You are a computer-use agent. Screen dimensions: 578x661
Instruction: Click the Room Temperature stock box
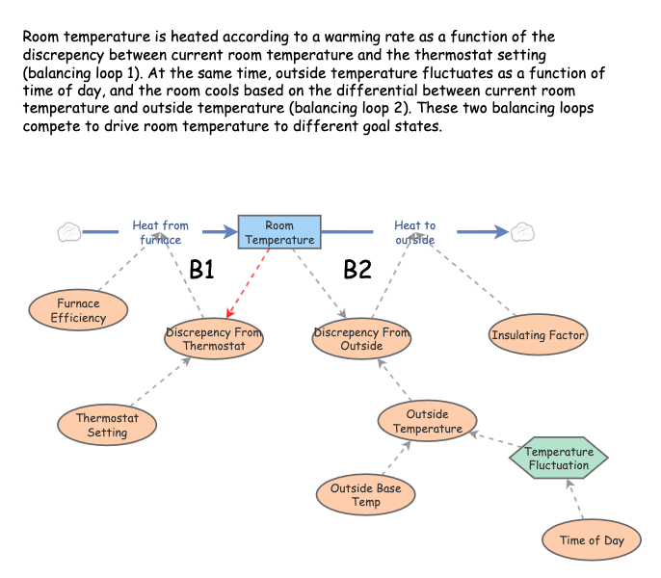pyautogui.click(x=279, y=232)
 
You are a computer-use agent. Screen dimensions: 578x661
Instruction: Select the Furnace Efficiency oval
pyautogui.click(x=77, y=310)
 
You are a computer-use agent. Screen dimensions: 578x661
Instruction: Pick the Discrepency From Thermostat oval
pyautogui.click(x=214, y=339)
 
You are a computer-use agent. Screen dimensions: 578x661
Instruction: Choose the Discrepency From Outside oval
pyautogui.click(x=361, y=339)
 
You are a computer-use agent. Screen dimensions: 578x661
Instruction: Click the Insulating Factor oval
pyautogui.click(x=538, y=335)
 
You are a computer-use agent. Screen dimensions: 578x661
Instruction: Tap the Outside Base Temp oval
pyautogui.click(x=366, y=494)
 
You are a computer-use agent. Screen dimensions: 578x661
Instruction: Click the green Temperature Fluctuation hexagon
pyautogui.click(x=558, y=458)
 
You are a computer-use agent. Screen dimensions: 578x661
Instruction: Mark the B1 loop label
pyautogui.click(x=201, y=270)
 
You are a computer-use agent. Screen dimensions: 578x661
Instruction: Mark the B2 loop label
pyautogui.click(x=357, y=270)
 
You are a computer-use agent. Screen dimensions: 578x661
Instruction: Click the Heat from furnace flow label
pyautogui.click(x=161, y=232)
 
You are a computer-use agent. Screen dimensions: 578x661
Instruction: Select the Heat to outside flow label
pyautogui.click(x=414, y=232)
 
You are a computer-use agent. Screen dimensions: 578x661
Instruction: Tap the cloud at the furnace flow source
pyautogui.click(x=68, y=231)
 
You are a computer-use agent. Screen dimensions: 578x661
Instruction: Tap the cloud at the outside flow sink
pyautogui.click(x=522, y=231)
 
